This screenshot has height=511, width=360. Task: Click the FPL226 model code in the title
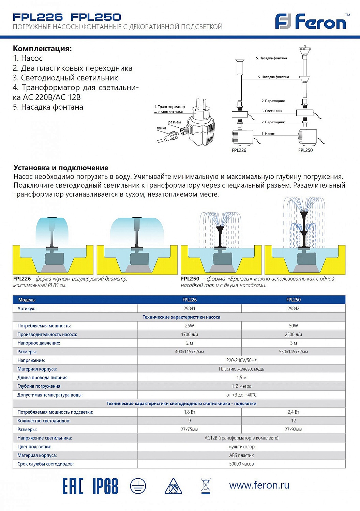pos(37,17)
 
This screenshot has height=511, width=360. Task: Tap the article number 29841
pos(189,308)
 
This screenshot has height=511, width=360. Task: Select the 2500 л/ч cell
pos(293,335)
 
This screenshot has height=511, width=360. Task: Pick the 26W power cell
pos(189,326)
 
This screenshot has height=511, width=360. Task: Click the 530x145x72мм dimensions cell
pos(293,352)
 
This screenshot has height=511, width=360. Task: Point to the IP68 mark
pos(105,486)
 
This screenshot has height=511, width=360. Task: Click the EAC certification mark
pos(73,486)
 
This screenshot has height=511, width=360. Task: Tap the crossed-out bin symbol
pos(206,486)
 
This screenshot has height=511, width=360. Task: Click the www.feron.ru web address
pos(259,485)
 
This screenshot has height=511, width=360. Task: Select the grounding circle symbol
pos(138,486)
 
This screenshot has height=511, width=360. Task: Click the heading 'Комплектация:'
pos(42,48)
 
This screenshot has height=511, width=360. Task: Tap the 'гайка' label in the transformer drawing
pos(161,128)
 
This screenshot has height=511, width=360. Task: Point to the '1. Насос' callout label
pos(268,134)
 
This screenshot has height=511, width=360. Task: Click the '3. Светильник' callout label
pos(272,111)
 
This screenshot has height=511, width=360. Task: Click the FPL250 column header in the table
pos(293,300)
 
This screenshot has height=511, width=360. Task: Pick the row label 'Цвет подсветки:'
pos(34,447)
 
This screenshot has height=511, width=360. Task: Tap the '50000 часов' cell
pos(241,464)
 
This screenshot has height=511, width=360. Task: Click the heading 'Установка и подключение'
pos(61,168)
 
